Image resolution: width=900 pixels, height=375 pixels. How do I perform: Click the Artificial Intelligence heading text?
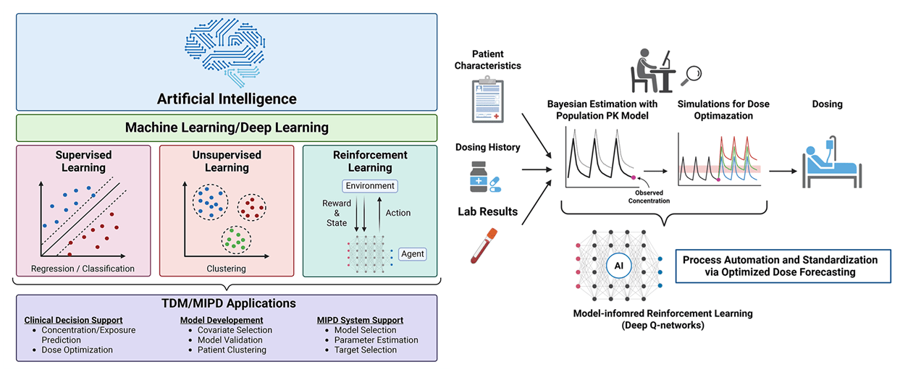[226, 98]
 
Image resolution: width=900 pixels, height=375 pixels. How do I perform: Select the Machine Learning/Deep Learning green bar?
[226, 127]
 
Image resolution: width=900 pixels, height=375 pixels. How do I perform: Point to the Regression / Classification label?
[83, 269]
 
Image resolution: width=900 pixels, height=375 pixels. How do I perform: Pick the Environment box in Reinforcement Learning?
[369, 186]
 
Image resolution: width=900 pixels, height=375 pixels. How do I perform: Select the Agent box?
[413, 254]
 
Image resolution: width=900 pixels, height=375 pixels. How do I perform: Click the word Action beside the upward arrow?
[398, 213]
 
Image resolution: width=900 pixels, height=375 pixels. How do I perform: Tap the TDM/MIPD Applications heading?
[226, 303]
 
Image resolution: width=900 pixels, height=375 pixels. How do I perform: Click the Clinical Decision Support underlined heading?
[73, 320]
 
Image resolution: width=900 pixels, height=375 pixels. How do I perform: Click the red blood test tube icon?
[481, 245]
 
